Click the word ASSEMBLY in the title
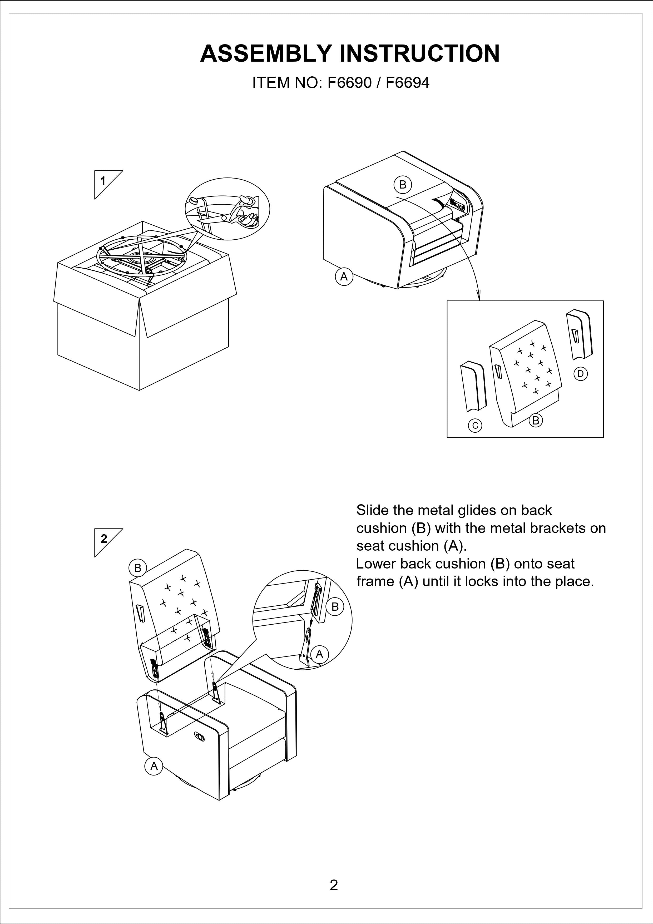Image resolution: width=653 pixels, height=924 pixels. (266, 53)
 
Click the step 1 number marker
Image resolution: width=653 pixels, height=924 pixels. (103, 181)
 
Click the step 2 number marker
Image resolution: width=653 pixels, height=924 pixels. (104, 539)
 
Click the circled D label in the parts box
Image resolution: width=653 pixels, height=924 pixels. (580, 374)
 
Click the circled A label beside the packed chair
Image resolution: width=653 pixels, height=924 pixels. (344, 277)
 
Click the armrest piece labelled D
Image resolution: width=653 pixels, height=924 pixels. (579, 334)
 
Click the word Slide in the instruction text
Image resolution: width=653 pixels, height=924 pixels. (372, 510)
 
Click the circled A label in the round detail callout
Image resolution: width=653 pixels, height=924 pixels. (319, 654)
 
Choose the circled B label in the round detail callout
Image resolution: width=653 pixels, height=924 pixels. (335, 606)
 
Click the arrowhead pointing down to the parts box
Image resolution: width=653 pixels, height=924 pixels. (479, 296)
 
